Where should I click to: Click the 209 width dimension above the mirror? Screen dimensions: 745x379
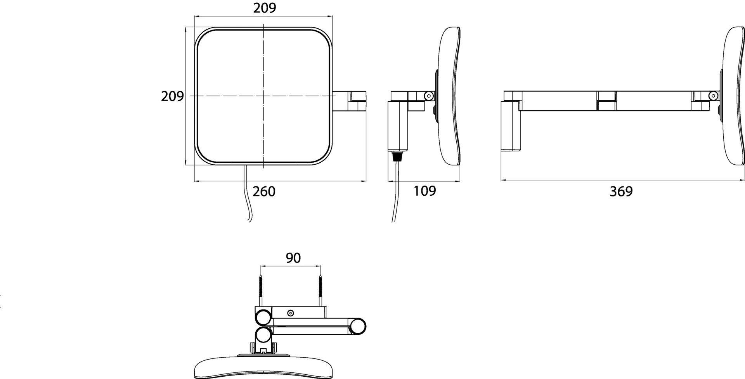click(x=265, y=8)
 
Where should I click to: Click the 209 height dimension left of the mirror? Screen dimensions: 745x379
click(x=172, y=96)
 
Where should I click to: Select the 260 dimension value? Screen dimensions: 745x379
click(x=264, y=191)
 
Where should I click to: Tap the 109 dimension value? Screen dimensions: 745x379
click(x=424, y=191)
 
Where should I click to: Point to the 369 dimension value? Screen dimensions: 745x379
click(x=621, y=191)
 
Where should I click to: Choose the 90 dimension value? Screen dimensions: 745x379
click(x=293, y=258)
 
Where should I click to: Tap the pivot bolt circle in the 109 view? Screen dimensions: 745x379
click(x=428, y=96)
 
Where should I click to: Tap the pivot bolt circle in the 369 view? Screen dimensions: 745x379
click(x=714, y=96)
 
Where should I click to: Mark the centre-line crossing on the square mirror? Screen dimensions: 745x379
click(x=263, y=96)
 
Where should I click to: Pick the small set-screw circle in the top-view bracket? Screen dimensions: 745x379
click(x=290, y=313)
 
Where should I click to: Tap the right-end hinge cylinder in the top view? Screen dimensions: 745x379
click(x=357, y=326)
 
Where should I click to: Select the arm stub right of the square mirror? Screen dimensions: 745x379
click(x=349, y=101)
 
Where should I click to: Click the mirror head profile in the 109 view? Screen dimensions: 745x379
click(x=449, y=96)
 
